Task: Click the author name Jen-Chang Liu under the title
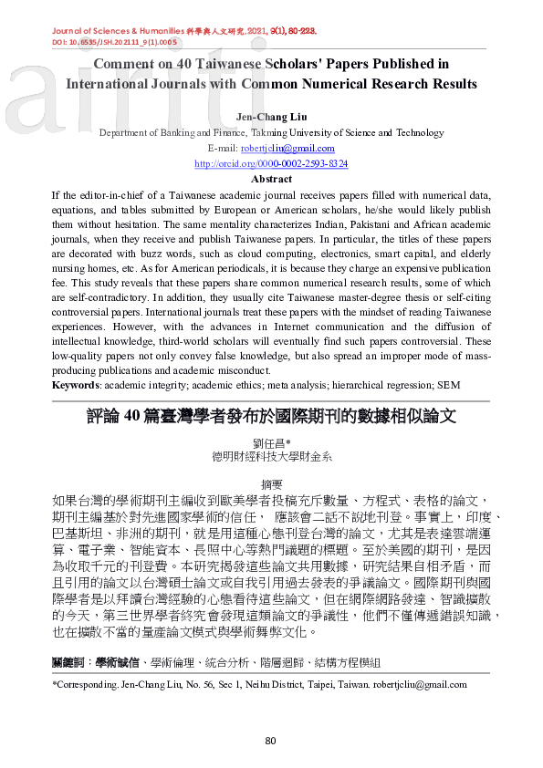coord(272,117)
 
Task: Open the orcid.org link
coord(271,163)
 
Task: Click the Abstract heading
coord(271,179)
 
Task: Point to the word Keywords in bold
coord(75,386)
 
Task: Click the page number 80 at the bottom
coord(271,740)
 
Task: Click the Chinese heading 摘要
coord(271,484)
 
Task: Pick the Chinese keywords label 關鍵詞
coord(70,660)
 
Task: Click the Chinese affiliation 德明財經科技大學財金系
coord(271,455)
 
